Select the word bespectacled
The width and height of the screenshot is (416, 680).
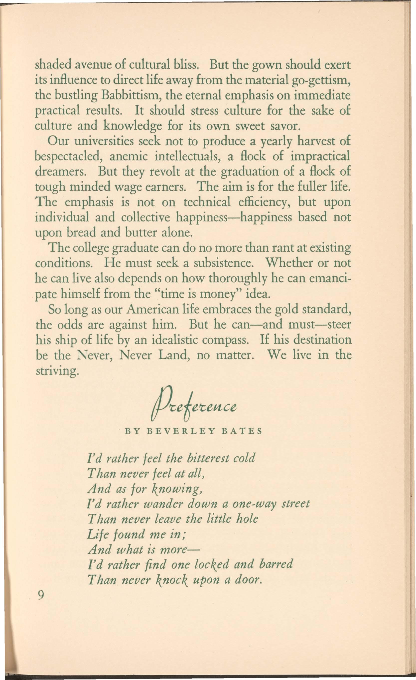point(69,157)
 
